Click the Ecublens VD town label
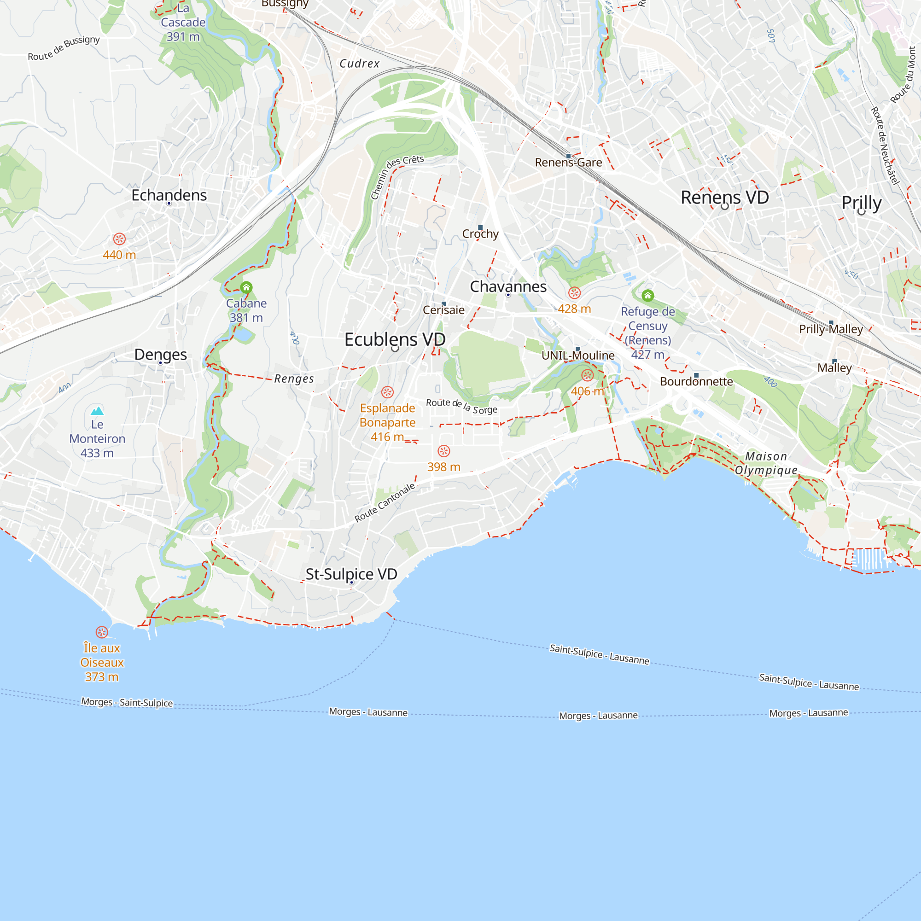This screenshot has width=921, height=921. click(x=395, y=339)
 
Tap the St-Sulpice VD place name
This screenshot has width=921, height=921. click(x=351, y=574)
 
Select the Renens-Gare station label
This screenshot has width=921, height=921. click(x=568, y=163)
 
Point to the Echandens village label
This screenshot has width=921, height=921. click(x=169, y=195)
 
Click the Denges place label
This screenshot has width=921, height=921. click(x=160, y=354)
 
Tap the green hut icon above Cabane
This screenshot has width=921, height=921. click(x=246, y=287)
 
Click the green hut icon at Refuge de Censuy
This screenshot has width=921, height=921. click(x=647, y=296)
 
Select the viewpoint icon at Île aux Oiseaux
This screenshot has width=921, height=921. click(x=101, y=632)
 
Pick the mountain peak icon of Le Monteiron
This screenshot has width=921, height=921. click(x=97, y=410)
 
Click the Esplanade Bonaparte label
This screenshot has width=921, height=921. click(x=387, y=415)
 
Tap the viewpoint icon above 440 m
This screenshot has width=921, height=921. click(x=119, y=239)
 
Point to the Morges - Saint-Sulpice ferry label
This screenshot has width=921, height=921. click(x=127, y=702)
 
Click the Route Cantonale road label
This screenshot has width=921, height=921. click(x=384, y=502)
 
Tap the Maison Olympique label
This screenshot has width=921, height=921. click(x=766, y=463)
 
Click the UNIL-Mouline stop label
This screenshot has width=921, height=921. click(x=578, y=356)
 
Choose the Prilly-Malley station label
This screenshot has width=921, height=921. click(x=831, y=329)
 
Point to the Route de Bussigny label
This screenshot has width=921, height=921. click(x=64, y=48)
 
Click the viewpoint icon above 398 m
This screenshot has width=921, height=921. click(x=444, y=451)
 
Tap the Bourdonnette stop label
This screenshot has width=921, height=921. click(x=696, y=381)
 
